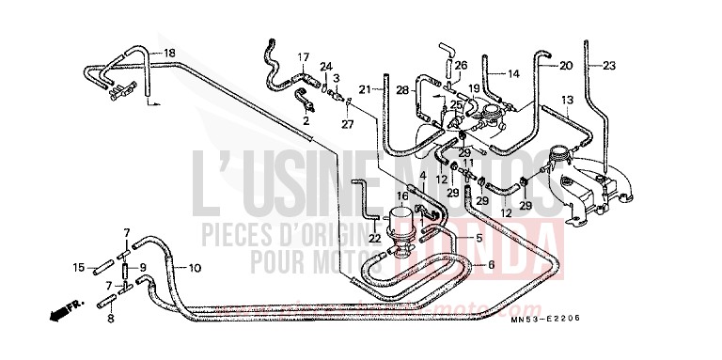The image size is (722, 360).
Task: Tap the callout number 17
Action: [304, 57]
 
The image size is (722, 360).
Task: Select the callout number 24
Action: [325, 66]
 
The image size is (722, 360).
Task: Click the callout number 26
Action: [461, 65]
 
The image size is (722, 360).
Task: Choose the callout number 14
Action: [513, 73]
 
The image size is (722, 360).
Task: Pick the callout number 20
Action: [565, 66]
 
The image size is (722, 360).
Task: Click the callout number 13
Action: [567, 99]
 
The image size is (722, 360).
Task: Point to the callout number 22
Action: [376, 239]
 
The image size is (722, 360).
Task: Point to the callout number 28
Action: [402, 89]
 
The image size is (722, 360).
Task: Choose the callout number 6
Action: [490, 265]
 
